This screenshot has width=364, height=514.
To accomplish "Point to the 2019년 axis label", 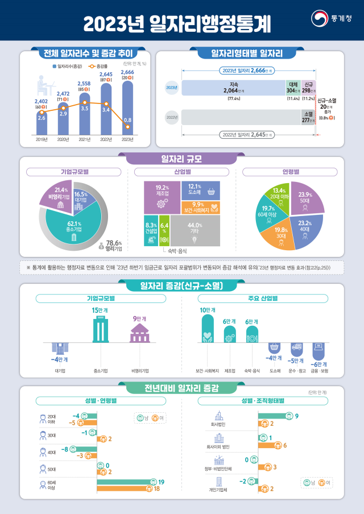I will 42,139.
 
